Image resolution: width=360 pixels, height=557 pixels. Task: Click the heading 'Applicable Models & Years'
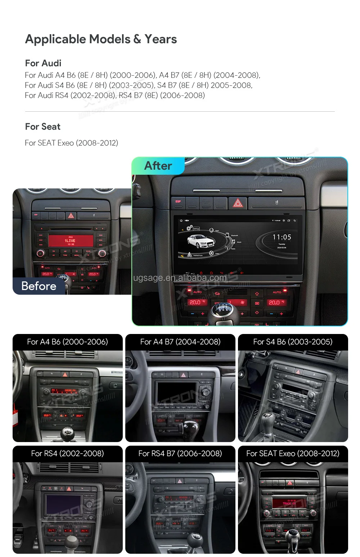tap(101, 39)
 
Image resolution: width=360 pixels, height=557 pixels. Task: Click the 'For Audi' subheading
tap(43, 63)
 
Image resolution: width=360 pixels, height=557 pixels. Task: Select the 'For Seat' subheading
tap(43, 127)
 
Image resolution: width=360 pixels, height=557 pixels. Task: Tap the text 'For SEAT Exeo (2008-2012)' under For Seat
tap(71, 143)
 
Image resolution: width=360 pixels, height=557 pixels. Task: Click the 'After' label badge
tap(158, 166)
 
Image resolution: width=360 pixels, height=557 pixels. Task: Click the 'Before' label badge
tap(39, 286)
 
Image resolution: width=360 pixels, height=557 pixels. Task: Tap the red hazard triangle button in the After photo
tap(238, 203)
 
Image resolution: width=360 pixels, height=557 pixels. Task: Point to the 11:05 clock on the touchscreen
tap(282, 237)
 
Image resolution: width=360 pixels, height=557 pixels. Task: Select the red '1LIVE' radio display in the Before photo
tap(70, 240)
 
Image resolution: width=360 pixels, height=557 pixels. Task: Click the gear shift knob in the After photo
tap(224, 309)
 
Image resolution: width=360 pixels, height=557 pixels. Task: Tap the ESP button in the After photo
tap(178, 201)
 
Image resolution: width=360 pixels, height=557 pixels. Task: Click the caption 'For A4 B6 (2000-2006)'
tap(68, 342)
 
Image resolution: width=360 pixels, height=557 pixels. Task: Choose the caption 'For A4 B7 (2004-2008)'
tap(180, 342)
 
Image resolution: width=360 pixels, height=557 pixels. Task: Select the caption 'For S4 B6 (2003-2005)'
tap(293, 342)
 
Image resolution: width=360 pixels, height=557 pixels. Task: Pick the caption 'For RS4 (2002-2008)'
tap(68, 454)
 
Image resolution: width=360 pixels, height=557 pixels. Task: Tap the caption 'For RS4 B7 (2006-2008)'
tap(180, 454)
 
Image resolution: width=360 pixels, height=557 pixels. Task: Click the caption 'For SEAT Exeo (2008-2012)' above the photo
tap(293, 454)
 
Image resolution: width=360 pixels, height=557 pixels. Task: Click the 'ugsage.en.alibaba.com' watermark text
tap(180, 278)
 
